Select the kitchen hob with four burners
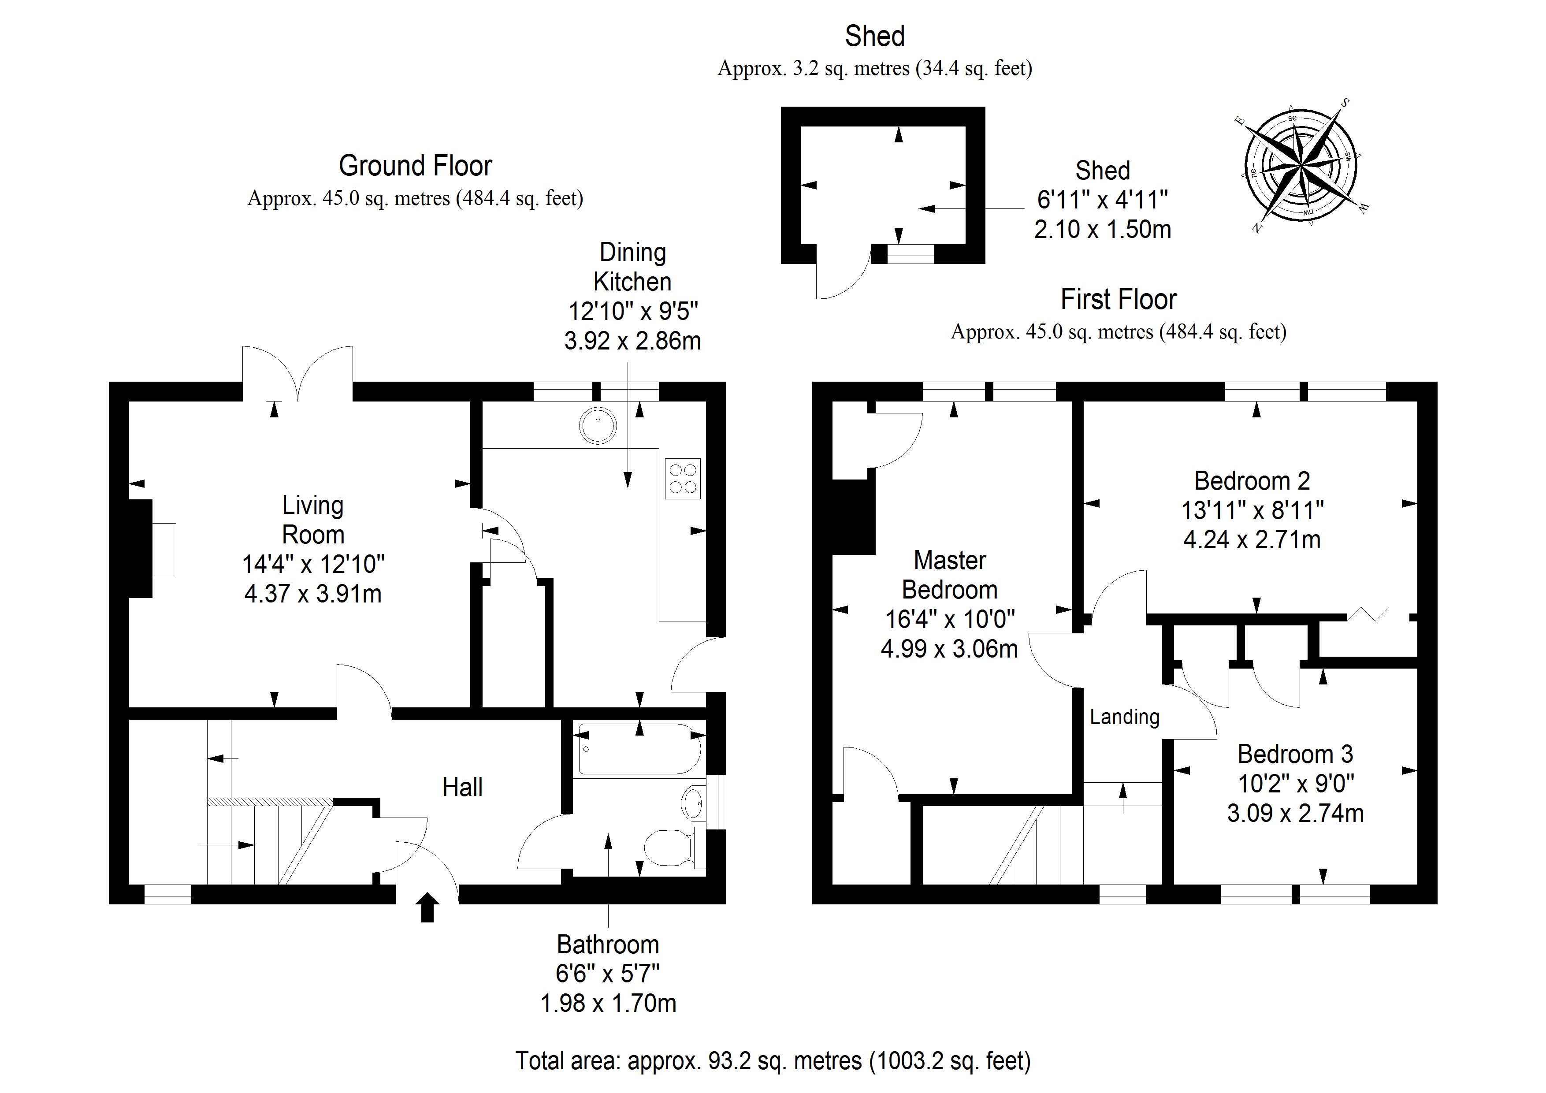pos(683,478)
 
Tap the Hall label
pos(463,787)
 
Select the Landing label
pos(1125,717)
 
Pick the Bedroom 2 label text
pos(1252,481)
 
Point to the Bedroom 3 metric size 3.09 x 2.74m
pos(1295,813)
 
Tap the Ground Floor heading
pos(416,166)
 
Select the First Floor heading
pos(1119,300)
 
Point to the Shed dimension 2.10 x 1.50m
pos(1102,230)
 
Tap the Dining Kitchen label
pos(632,267)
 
